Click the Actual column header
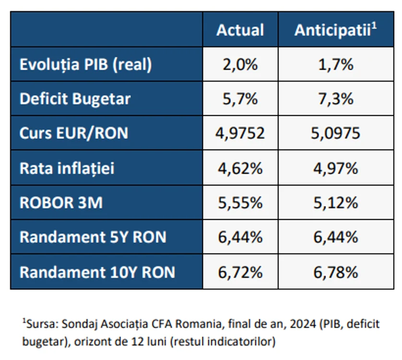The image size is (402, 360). pyautogui.click(x=240, y=30)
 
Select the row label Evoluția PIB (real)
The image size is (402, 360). pyautogui.click(x=86, y=64)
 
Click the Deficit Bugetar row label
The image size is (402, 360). pyautogui.click(x=75, y=99)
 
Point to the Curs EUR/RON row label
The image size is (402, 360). pyautogui.click(x=74, y=133)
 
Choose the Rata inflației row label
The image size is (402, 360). pyautogui.click(x=67, y=168)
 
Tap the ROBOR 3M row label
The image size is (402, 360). pyautogui.click(x=61, y=203)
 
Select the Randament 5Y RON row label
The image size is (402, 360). pyautogui.click(x=93, y=237)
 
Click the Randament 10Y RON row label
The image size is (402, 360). pyautogui.click(x=97, y=272)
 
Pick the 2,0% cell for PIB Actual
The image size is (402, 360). pyautogui.click(x=240, y=64)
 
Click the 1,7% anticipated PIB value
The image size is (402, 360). pyautogui.click(x=336, y=64)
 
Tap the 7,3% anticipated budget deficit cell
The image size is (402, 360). pyautogui.click(x=336, y=99)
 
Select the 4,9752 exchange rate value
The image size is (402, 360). pyautogui.click(x=240, y=133)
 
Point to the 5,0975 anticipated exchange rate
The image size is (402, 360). pyautogui.click(x=336, y=133)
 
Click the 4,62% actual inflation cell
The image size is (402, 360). pyautogui.click(x=240, y=168)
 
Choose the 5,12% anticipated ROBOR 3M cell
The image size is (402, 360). pyautogui.click(x=336, y=203)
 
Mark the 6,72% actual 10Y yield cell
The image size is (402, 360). pyautogui.click(x=240, y=272)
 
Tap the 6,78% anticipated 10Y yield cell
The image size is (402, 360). pyautogui.click(x=336, y=272)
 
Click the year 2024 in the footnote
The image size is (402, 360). pyautogui.click(x=303, y=324)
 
